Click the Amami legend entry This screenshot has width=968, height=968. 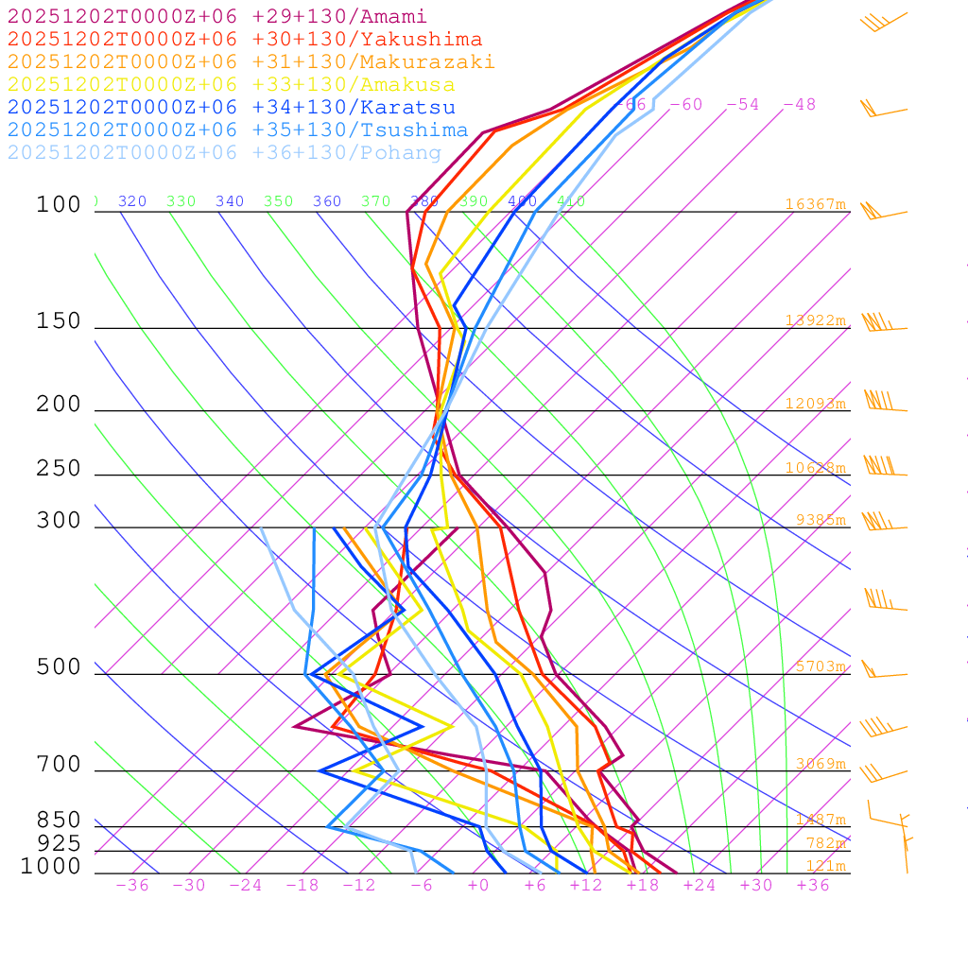click(217, 17)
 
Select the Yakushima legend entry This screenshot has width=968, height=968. click(245, 40)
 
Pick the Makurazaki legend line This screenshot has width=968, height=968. click(251, 62)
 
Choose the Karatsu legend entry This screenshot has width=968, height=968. click(232, 108)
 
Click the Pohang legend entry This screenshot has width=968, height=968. click(224, 153)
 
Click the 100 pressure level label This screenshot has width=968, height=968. click(59, 205)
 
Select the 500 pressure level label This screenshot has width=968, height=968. click(59, 667)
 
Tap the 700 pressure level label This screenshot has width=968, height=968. click(59, 765)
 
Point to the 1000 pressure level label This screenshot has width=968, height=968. click(50, 867)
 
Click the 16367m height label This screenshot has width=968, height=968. click(816, 204)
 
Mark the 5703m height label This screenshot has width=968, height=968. click(821, 666)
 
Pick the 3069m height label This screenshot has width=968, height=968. click(821, 764)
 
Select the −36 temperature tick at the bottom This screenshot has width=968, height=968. click(131, 886)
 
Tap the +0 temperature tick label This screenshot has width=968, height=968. click(477, 886)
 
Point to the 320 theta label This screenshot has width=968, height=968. click(132, 201)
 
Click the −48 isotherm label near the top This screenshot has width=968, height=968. click(799, 105)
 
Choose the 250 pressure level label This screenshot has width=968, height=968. click(59, 469)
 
